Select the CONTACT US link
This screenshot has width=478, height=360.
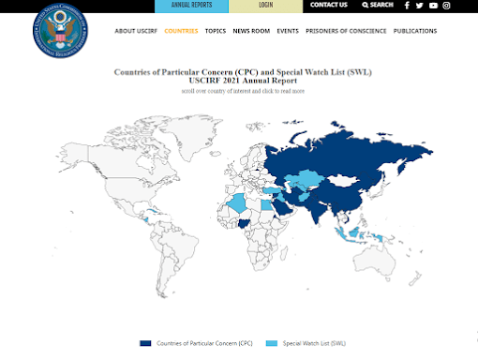click(x=328, y=6)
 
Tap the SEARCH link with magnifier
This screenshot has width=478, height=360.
click(x=378, y=6)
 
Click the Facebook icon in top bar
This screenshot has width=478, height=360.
click(x=407, y=6)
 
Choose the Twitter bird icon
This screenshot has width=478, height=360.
click(x=420, y=6)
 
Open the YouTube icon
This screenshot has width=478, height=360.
click(x=433, y=6)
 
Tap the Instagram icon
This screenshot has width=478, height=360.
click(x=446, y=6)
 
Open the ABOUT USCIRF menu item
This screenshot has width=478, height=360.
click(x=136, y=31)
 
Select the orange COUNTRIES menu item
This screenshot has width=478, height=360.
click(x=181, y=31)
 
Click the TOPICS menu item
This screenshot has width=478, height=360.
click(x=216, y=31)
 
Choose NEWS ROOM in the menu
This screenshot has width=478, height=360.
click(x=251, y=31)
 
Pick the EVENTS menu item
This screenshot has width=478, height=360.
click(x=288, y=31)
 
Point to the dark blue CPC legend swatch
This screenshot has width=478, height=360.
click(x=145, y=344)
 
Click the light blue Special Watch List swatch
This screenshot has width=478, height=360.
click(x=272, y=344)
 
